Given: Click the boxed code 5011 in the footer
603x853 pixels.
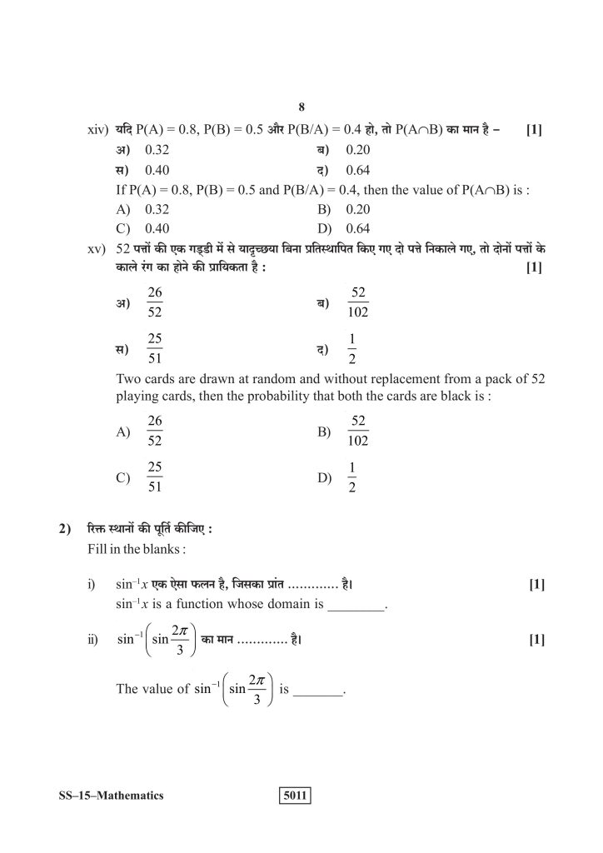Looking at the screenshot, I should pos(295,796).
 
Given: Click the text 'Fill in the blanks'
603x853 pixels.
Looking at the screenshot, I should pos(135,551).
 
